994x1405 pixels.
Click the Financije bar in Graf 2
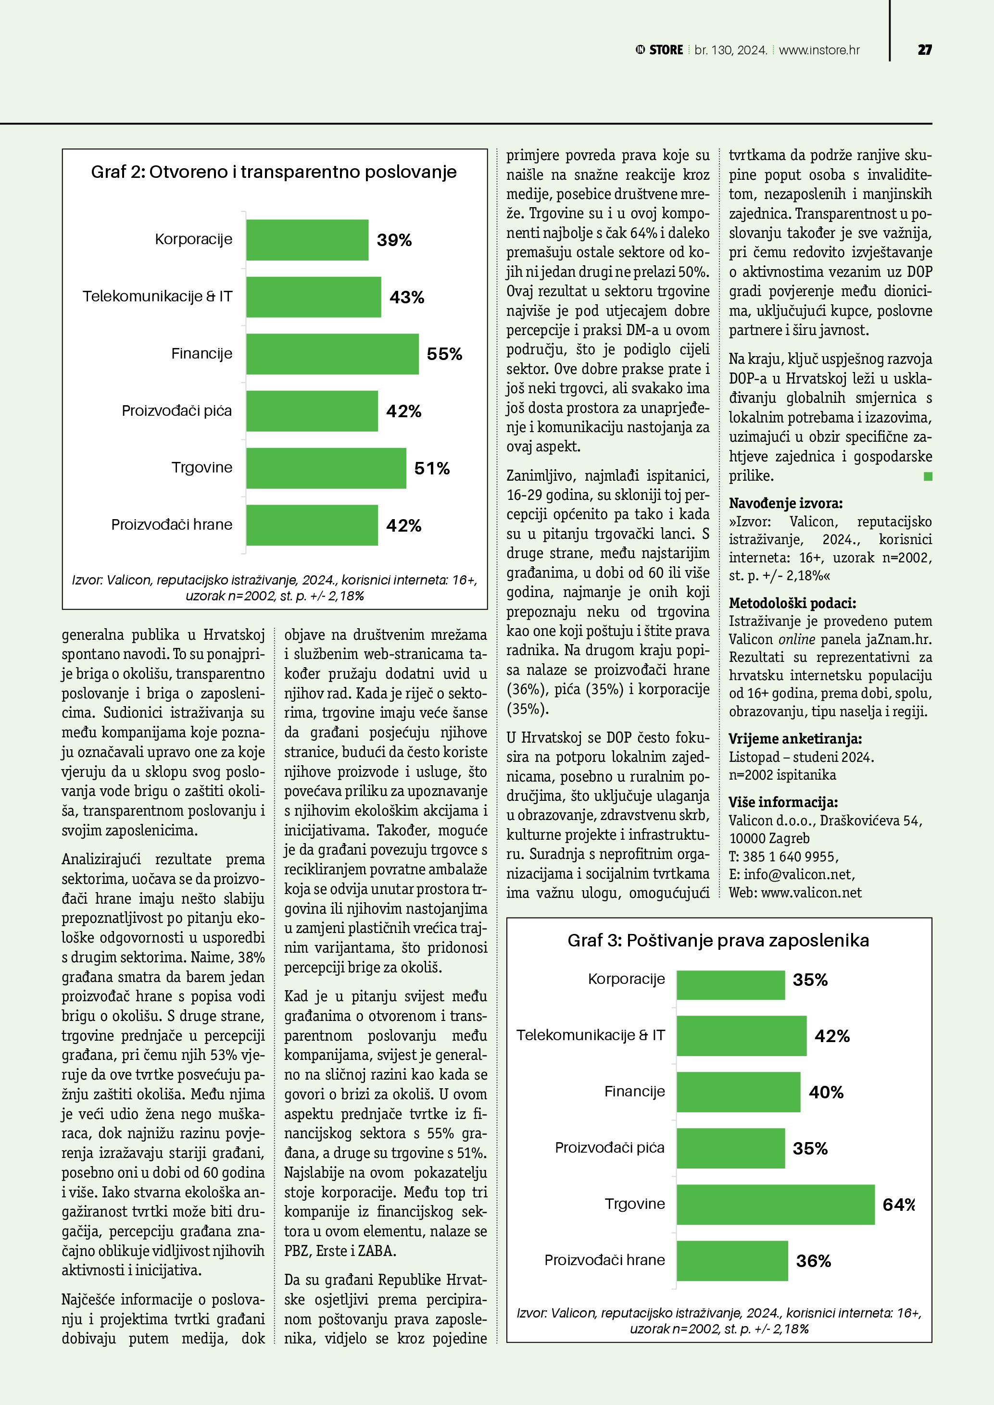click(332, 354)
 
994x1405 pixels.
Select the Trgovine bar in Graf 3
click(776, 1204)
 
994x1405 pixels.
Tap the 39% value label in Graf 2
click(394, 240)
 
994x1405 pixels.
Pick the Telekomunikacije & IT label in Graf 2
click(157, 296)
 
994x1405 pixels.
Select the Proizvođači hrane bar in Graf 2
click(312, 525)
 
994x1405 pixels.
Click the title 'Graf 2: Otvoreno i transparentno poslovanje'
click(274, 172)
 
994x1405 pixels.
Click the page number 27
click(924, 50)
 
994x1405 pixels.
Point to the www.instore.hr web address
click(819, 50)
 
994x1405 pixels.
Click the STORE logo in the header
click(659, 50)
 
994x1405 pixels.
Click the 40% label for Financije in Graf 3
click(826, 1092)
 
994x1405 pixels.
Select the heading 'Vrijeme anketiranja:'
click(794, 739)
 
